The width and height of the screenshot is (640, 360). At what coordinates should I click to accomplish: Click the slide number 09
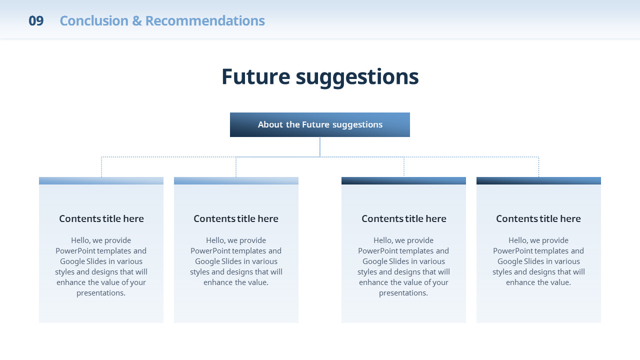coord(36,21)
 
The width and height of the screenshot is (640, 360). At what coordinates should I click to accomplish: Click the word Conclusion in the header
coord(94,21)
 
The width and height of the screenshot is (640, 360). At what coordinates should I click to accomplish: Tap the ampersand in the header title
coord(137,21)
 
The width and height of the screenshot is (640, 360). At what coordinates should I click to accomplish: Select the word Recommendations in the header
coord(205,21)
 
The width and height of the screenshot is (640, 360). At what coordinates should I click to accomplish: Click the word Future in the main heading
coord(256,76)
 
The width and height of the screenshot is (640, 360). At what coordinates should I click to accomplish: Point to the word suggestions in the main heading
coord(357,78)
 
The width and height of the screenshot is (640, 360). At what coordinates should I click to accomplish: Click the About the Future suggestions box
coord(320,124)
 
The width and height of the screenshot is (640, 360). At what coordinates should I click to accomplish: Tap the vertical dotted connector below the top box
coord(320,147)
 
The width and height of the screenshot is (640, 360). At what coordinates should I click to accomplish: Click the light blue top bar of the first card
coord(101,180)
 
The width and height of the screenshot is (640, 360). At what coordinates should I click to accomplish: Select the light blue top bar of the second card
coord(236,180)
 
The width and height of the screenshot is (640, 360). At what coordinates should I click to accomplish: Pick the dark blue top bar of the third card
coord(403,180)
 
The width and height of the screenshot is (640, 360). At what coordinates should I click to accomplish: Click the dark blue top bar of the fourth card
coord(538,180)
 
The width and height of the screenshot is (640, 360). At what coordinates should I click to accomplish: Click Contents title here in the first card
coord(101,218)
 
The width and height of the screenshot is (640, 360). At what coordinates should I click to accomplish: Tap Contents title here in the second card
coord(236,218)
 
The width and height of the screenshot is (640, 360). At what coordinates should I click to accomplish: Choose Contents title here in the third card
coord(404,218)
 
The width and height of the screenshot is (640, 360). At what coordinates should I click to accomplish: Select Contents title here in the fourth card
coord(538,218)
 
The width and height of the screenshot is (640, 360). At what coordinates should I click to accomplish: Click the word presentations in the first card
coord(101,293)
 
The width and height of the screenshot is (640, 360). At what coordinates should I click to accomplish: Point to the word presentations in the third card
coord(403,293)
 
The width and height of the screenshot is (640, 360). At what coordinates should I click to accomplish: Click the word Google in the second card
coord(207,261)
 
